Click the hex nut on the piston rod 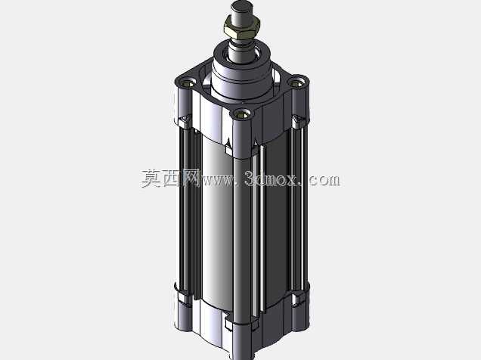pyautogui.click(x=242, y=26)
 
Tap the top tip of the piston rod pyautogui.click(x=242, y=2)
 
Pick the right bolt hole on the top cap pyautogui.click(x=296, y=82)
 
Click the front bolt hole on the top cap pyautogui.click(x=243, y=115)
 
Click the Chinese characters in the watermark pyautogui.click(x=171, y=178)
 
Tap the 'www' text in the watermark pyautogui.click(x=219, y=180)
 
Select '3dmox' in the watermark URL pyautogui.click(x=272, y=178)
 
